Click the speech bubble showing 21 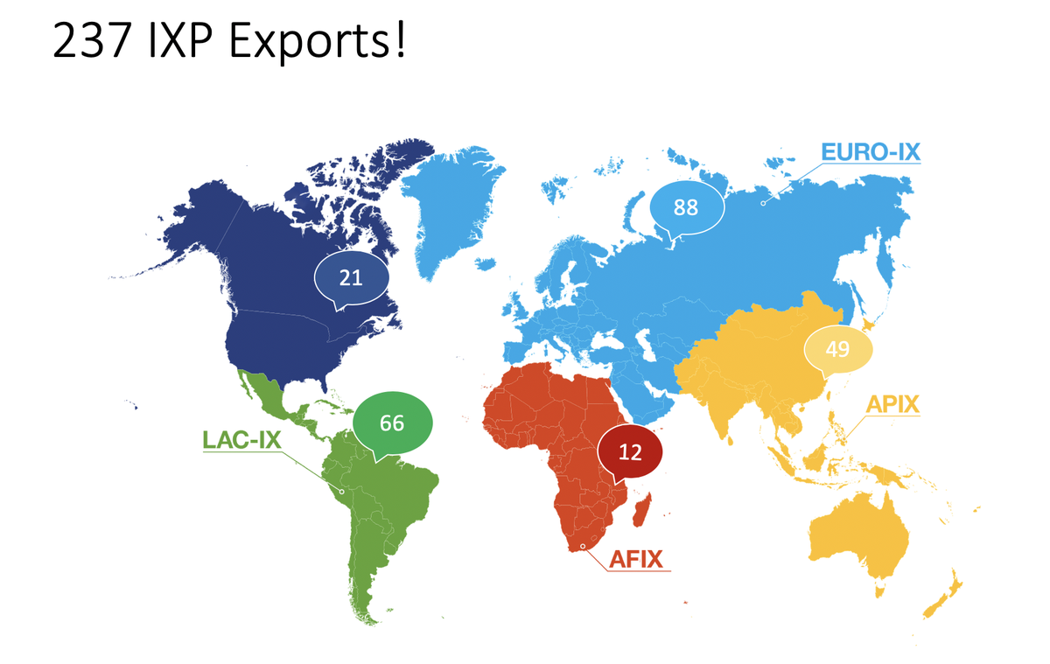click(x=350, y=277)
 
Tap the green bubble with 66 click(x=392, y=423)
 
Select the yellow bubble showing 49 click(x=837, y=349)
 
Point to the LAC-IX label click(x=241, y=439)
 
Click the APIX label click(x=893, y=405)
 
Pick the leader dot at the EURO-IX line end click(x=763, y=201)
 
